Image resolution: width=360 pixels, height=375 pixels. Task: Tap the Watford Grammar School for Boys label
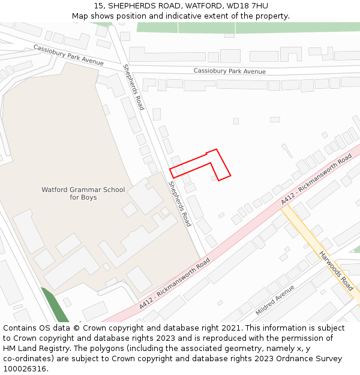83,193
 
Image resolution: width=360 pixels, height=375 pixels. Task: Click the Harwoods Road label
336,271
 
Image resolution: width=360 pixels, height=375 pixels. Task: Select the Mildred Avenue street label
275,301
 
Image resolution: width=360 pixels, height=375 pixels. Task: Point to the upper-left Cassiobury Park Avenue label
68,55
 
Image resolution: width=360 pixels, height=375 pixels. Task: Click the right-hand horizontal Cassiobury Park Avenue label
229,71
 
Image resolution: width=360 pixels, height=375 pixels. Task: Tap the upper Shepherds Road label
133,87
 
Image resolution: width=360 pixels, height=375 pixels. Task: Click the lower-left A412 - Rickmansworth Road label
175,284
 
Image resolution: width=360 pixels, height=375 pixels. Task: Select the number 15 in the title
98,5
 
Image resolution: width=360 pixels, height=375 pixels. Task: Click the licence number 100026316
25,369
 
